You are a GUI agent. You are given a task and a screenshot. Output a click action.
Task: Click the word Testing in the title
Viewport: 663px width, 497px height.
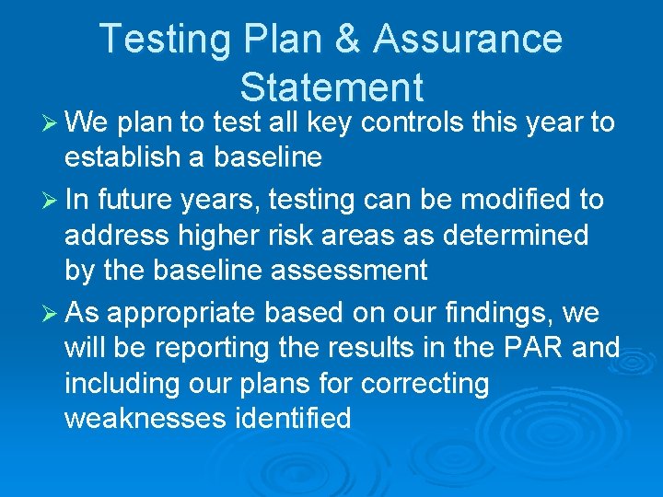pos(151,40)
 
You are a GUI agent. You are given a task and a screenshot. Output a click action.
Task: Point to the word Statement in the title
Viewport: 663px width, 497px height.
pos(331,87)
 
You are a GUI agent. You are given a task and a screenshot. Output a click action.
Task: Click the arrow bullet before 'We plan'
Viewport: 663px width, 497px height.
pos(49,123)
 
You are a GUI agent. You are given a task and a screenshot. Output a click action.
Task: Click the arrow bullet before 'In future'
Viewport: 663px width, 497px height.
pos(49,200)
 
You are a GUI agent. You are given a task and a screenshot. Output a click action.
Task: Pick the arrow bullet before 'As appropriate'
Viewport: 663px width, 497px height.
pos(49,314)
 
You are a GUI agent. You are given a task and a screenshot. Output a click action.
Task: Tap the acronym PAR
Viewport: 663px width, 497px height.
pos(532,348)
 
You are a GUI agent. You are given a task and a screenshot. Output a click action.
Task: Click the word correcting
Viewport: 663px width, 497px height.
pos(425,384)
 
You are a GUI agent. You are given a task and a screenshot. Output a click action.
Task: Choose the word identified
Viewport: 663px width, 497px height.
pos(294,419)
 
